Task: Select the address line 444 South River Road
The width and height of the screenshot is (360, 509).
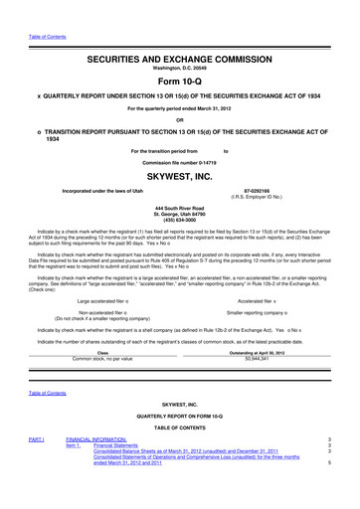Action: click(180, 206)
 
